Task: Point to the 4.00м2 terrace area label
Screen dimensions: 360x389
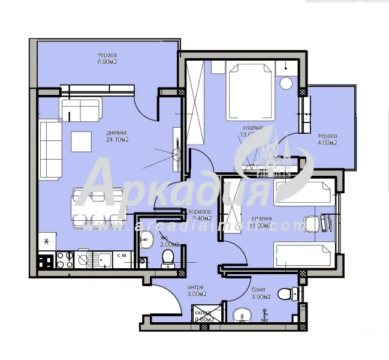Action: tap(327, 143)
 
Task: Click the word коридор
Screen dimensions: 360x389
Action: tap(200, 212)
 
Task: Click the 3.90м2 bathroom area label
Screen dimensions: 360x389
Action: tap(261, 296)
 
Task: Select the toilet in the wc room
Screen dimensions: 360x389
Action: tap(168, 257)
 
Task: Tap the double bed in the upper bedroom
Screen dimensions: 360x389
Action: tap(247, 90)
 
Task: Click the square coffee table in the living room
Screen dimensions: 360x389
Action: tap(82, 142)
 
